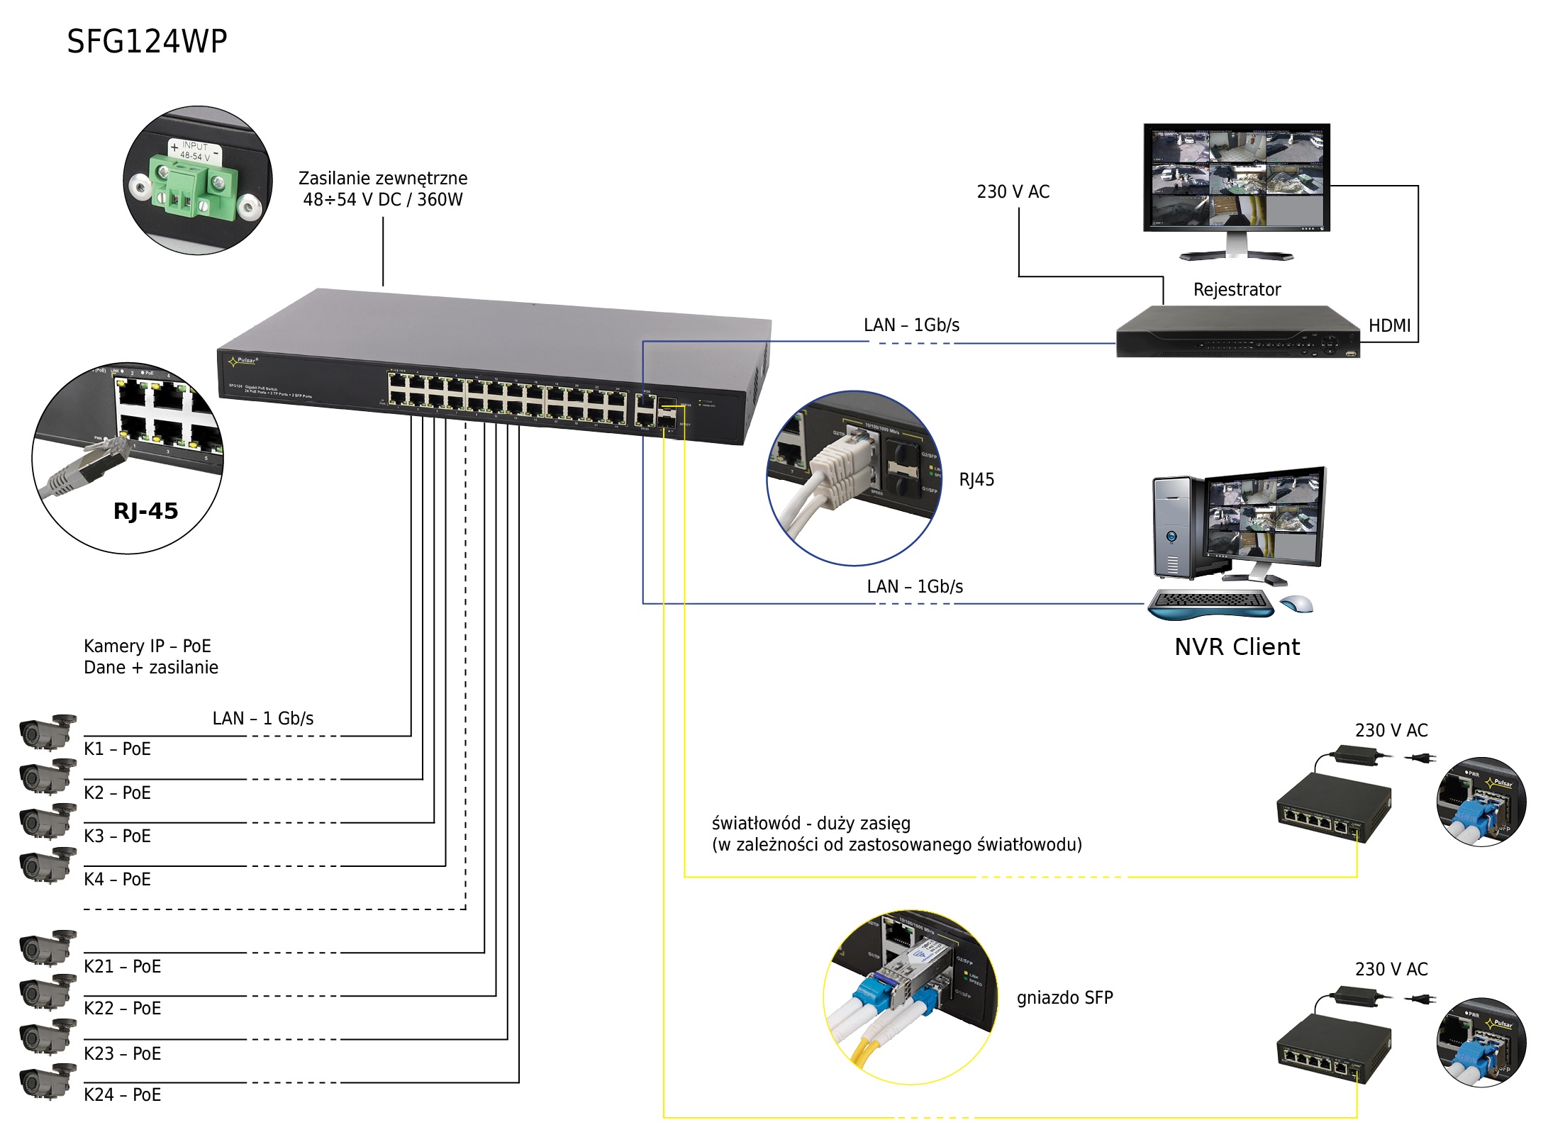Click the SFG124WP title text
tap(147, 42)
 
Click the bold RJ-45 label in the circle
tap(145, 511)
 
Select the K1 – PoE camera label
tap(117, 749)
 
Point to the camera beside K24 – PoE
tap(48, 1082)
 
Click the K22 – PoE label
tap(122, 1009)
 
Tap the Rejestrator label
tap(1237, 290)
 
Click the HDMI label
tap(1389, 326)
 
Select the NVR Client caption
tap(1237, 647)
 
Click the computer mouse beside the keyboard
tap(1296, 605)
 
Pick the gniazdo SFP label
tap(1064, 998)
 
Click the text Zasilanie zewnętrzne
tap(383, 179)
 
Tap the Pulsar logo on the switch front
tap(243, 362)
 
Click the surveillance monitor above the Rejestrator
tap(1236, 179)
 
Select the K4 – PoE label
tap(117, 880)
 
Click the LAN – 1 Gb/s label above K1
tap(263, 719)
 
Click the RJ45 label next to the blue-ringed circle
tap(976, 481)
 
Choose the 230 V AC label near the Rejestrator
tap(1013, 192)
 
